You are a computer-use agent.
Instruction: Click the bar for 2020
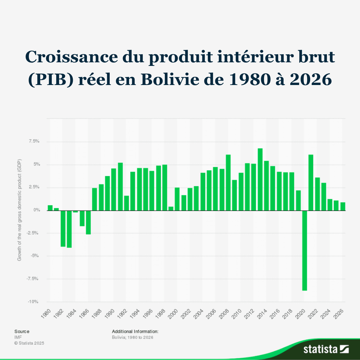point(305,250)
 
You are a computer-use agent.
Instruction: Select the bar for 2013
point(260,179)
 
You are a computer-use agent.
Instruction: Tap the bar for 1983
point(69,229)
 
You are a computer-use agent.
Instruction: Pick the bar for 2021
point(311,182)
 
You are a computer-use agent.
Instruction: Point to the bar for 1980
point(50,208)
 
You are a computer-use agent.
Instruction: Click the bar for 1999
point(171,209)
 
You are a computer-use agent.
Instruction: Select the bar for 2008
point(228,182)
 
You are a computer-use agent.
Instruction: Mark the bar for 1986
point(88,222)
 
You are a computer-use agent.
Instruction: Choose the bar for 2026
point(343,206)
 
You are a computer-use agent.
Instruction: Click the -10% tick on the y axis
point(33,302)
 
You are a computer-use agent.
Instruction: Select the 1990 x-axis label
point(110,313)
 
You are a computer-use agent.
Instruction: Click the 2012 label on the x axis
point(250,313)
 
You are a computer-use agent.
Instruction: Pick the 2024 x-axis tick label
point(326,313)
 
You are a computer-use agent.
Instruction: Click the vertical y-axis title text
point(19,210)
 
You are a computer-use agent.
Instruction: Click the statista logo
point(326,349)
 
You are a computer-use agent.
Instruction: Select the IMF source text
point(18,337)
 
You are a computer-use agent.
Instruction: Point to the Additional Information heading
point(135,331)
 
